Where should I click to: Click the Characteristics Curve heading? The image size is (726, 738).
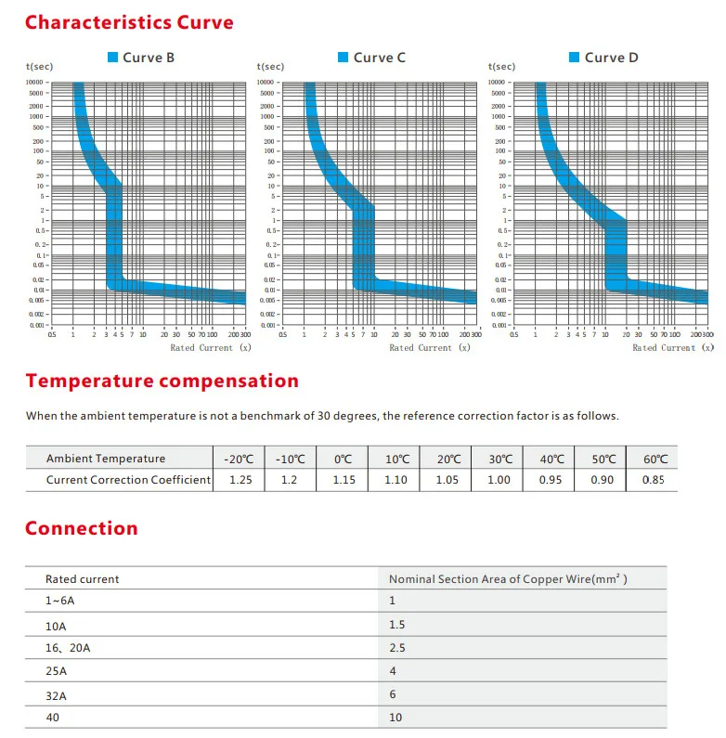coord(129,22)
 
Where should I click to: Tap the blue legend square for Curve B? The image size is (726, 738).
coord(113,58)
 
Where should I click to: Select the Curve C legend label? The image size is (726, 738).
coord(380,58)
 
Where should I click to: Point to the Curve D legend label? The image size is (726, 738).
coord(611,58)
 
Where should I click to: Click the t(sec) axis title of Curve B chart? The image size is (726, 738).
coord(38,67)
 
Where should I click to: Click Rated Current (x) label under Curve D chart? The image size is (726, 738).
coord(663,348)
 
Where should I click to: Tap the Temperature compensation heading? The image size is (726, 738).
coord(162,381)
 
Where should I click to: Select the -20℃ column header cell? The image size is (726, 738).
coord(238,459)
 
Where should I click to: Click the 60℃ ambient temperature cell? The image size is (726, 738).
coord(655,459)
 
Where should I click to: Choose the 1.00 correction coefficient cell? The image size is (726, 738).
coord(499,480)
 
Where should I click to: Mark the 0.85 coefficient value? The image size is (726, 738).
coord(654,480)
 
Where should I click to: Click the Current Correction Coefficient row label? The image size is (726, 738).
coord(129,480)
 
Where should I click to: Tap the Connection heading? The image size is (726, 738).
coord(81,528)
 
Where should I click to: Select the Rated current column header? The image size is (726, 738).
coord(83,578)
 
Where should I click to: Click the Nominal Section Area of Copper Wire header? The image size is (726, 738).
coord(508,578)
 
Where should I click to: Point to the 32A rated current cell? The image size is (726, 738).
coord(57,693)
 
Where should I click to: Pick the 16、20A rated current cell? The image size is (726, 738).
coord(68,648)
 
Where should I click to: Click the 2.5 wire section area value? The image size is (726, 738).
coord(397,648)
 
